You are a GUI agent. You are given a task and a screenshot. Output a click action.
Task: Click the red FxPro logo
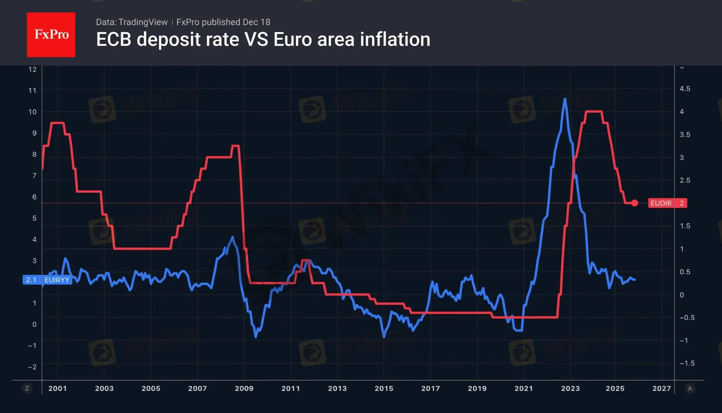[x=51, y=35]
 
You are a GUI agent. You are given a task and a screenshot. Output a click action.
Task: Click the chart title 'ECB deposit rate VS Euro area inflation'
[x=263, y=39]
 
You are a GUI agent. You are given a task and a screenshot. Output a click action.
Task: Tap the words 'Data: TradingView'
[x=131, y=22]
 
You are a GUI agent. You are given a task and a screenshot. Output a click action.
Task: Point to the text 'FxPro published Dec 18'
[x=223, y=22]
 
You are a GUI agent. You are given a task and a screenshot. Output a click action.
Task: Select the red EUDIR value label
[x=667, y=203]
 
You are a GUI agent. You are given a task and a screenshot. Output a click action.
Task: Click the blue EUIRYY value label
[x=47, y=280]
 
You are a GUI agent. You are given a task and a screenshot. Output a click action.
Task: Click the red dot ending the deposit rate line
[x=635, y=203]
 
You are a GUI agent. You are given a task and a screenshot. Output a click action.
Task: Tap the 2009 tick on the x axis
[x=244, y=388]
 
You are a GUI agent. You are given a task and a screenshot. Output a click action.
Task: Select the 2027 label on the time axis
[x=662, y=388]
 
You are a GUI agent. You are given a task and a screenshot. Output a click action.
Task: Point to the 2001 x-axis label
[x=58, y=388]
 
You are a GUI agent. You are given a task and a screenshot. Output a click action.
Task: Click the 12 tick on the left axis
[x=32, y=69]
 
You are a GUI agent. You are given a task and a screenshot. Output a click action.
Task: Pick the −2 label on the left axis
[x=32, y=367]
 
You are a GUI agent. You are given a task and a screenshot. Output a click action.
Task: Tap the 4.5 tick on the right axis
[x=685, y=89]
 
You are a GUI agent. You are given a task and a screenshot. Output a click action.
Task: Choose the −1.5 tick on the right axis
[x=687, y=363]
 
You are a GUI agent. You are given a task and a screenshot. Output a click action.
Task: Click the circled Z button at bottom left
[x=27, y=388]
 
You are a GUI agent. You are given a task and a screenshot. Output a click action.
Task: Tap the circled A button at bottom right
[x=690, y=388]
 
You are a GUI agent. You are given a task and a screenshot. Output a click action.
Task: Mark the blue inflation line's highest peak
[x=565, y=99]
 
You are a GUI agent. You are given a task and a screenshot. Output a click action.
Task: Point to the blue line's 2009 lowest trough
[x=256, y=337]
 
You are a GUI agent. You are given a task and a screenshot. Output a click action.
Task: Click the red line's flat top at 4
[x=594, y=112]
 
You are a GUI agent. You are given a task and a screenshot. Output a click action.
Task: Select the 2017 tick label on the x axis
[x=430, y=388]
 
